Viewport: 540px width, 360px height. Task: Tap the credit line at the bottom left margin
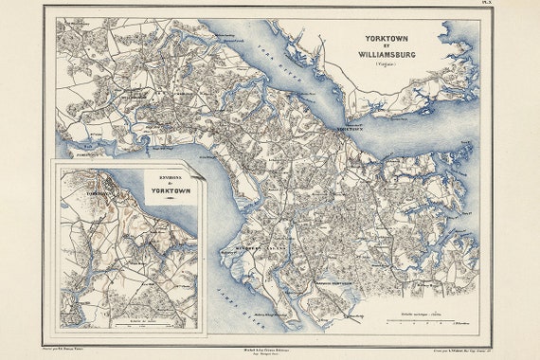(x=76, y=350)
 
